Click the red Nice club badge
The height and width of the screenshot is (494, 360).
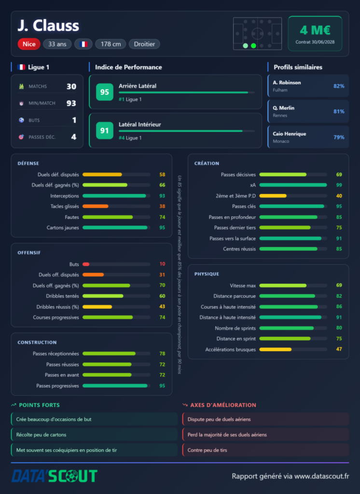coord(29,44)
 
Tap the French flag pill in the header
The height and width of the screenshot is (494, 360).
coord(83,44)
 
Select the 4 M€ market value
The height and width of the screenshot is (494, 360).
coord(315,30)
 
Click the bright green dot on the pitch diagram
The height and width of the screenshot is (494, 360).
coord(253,46)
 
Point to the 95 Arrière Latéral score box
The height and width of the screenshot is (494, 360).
coord(104,92)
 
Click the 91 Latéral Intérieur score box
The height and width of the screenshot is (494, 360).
coord(104,130)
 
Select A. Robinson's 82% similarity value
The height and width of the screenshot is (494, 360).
coord(339,86)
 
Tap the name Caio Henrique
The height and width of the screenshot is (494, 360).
coord(290,134)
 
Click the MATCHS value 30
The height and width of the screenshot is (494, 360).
coord(71,86)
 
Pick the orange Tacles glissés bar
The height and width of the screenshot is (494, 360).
coord(96,206)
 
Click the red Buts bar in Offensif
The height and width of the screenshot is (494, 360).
coord(86,264)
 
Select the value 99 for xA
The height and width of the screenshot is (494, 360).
coord(339,185)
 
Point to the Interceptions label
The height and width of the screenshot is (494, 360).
coord(65,196)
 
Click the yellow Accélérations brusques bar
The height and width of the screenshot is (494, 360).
coord(275,349)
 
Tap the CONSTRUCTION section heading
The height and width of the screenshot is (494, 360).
coord(37,343)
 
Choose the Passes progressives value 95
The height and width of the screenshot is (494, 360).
coord(162,385)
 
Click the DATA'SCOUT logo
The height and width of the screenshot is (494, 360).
coord(54,476)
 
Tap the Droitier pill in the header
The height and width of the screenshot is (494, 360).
coord(144,44)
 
